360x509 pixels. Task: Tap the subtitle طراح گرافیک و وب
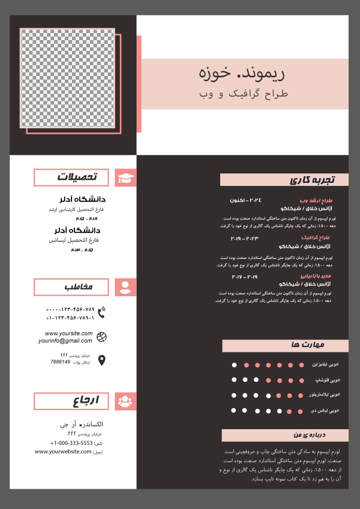click(244, 94)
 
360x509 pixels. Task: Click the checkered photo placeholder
click(67, 78)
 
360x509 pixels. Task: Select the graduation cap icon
click(125, 178)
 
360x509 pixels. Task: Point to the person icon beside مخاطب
click(125, 287)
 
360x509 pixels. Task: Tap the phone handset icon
click(101, 312)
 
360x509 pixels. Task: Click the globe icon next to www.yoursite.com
click(101, 336)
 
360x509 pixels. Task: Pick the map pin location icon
click(101, 360)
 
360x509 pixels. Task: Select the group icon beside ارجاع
click(125, 401)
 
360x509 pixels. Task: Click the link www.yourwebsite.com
click(64, 451)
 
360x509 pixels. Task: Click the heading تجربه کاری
click(311, 180)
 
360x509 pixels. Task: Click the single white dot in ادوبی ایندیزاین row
click(234, 365)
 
